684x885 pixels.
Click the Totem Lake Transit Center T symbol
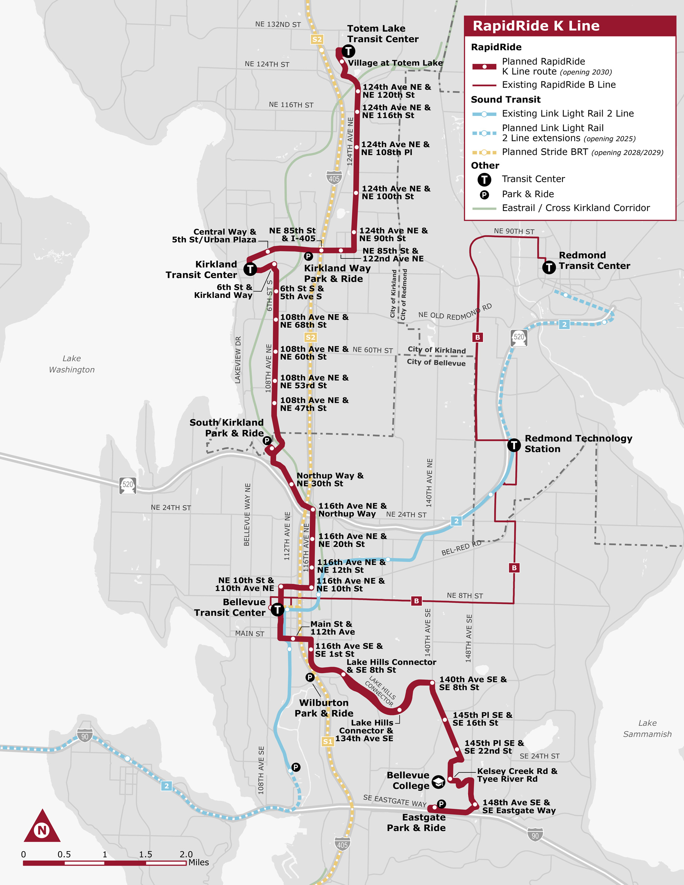[348, 51]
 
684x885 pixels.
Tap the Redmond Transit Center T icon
[549, 267]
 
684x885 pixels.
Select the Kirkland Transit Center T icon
[250, 269]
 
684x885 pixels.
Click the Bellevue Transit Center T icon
[277, 609]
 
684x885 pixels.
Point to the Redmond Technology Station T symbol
[514, 445]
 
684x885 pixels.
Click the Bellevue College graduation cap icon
[438, 782]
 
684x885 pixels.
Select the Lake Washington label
[72, 364]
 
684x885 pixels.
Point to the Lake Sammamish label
[647, 728]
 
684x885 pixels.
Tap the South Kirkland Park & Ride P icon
[267, 440]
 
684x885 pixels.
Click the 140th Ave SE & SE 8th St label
[472, 683]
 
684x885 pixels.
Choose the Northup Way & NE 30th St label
[330, 480]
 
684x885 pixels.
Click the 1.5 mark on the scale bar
[146, 854]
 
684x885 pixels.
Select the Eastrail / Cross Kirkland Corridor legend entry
[575, 208]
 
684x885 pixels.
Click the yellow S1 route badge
[328, 741]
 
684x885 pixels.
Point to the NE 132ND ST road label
[278, 24]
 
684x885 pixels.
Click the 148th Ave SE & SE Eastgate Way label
[519, 806]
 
